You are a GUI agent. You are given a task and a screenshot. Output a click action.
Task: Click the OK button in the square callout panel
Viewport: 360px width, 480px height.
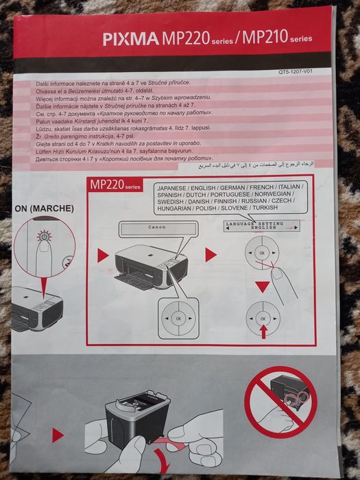[178, 319]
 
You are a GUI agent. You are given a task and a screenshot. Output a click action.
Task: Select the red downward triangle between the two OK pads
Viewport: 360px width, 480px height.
[262, 286]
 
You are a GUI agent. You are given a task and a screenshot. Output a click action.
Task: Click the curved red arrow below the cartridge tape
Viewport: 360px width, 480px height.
[160, 455]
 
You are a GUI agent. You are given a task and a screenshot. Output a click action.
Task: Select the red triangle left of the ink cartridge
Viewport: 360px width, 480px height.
[58, 435]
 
